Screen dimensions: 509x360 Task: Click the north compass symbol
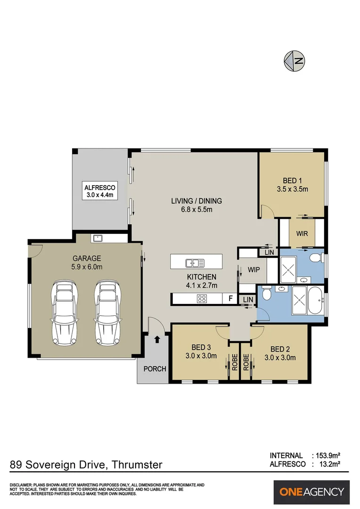[x=295, y=60]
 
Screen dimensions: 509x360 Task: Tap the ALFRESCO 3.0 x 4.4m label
[x=99, y=191]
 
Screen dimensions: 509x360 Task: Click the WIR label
[x=302, y=234]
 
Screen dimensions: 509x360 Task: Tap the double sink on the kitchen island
[x=194, y=263]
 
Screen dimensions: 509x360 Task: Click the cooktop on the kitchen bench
[x=202, y=298]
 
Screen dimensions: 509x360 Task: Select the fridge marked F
[x=230, y=298]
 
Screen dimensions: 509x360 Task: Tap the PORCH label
[x=155, y=369]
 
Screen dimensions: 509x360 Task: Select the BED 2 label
[x=280, y=353]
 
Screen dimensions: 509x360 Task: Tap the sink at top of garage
[x=98, y=238]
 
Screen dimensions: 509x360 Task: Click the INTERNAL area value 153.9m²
[x=326, y=455]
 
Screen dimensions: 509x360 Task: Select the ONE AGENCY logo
[x=311, y=492]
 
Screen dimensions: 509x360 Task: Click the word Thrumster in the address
[x=137, y=465]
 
